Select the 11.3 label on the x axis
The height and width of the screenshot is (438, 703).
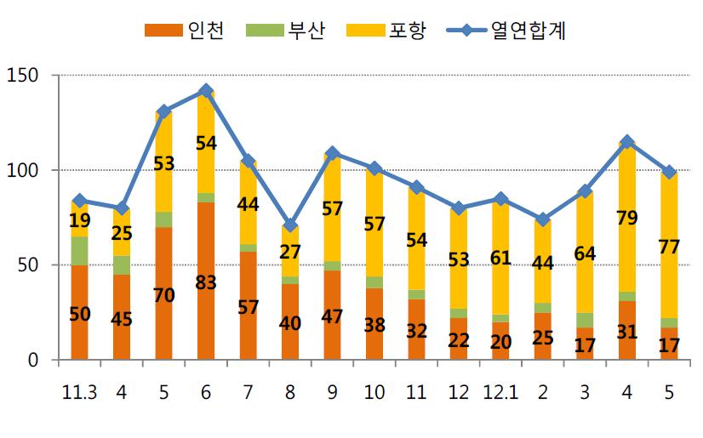click(x=79, y=392)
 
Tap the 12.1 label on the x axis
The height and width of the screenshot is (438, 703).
click(x=500, y=392)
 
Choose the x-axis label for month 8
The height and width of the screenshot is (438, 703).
click(x=289, y=392)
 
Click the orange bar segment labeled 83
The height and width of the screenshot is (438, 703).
click(x=205, y=281)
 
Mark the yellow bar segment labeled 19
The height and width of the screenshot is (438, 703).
click(x=79, y=219)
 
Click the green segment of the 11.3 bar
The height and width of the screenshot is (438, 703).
click(x=79, y=251)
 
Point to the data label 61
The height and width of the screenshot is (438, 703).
click(x=500, y=259)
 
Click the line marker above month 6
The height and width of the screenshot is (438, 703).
click(x=205, y=91)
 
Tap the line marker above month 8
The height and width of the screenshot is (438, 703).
click(x=289, y=225)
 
